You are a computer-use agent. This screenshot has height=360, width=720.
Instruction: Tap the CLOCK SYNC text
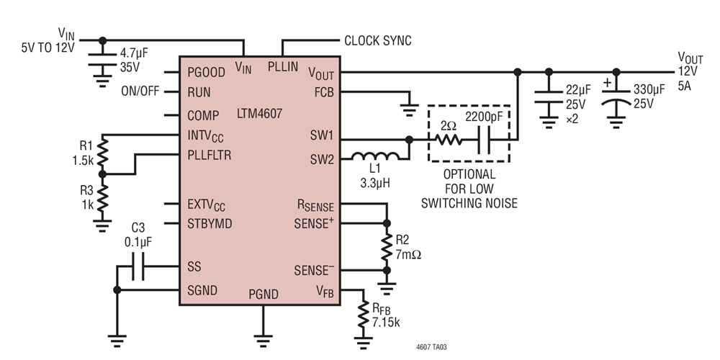coord(378,41)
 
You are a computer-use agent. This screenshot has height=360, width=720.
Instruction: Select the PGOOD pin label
coord(206,73)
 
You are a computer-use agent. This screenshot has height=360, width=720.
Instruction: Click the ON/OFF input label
coord(140,92)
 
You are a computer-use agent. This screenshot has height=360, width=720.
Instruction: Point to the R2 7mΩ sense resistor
coord(387,246)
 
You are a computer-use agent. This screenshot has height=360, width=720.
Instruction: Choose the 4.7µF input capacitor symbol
coord(102,59)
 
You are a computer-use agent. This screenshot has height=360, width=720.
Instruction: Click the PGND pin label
coord(264,294)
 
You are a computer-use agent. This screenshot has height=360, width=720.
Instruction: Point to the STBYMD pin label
coord(210,224)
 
